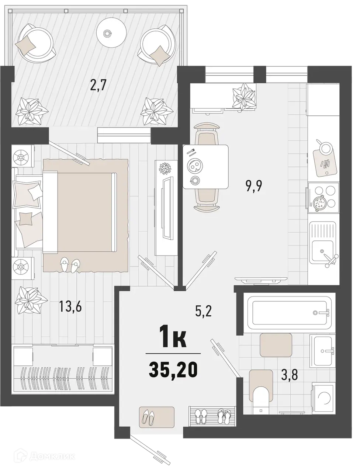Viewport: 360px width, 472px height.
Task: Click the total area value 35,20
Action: pyautogui.click(x=173, y=370)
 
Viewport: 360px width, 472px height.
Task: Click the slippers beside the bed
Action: pyautogui.click(x=70, y=264)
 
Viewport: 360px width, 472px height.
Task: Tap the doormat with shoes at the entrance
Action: pyautogui.click(x=157, y=416)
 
